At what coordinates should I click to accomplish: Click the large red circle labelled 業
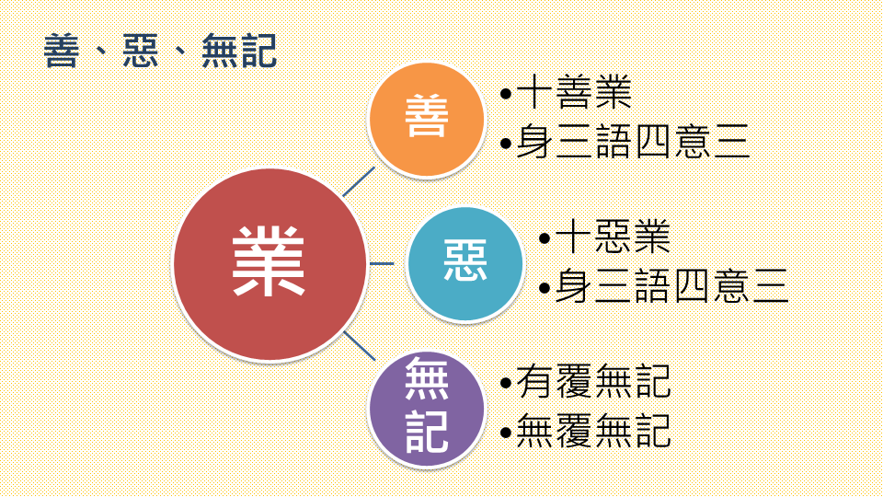click(269, 264)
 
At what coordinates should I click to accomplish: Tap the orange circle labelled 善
click(426, 119)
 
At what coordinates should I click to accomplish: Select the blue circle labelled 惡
click(465, 264)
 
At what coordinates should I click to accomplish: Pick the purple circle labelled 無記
click(426, 407)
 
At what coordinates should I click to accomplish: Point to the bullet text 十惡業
click(614, 237)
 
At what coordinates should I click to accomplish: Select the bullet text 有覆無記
click(593, 382)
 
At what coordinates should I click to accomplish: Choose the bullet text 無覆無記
click(593, 430)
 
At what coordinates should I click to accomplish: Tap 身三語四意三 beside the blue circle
click(671, 287)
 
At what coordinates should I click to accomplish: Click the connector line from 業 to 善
click(359, 182)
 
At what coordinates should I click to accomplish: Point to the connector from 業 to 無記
click(360, 347)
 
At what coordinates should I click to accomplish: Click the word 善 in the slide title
click(63, 52)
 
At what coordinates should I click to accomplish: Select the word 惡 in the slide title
click(142, 52)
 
